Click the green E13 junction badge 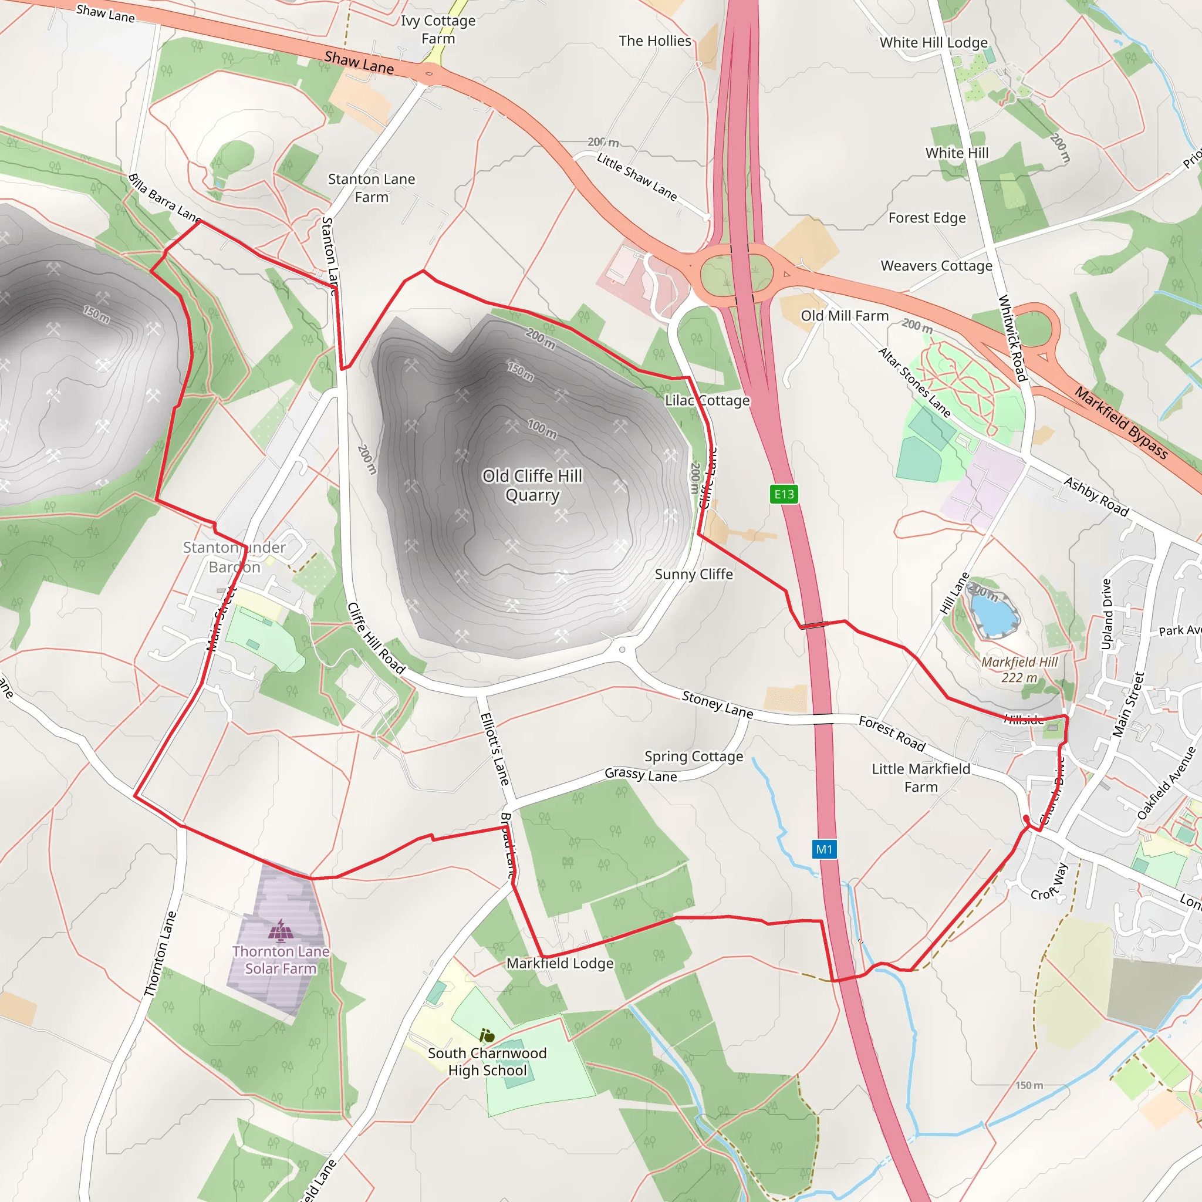(784, 494)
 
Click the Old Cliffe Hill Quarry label (532, 485)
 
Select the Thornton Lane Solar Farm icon (281, 931)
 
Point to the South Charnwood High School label (487, 1061)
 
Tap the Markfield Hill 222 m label (1019, 670)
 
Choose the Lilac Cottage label (707, 401)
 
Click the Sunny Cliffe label (694, 574)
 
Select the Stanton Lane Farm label (372, 188)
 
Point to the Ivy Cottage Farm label (438, 29)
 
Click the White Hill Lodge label (933, 43)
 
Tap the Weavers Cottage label (936, 266)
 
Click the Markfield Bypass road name (1121, 423)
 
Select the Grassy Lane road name (641, 775)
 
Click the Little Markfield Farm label (921, 778)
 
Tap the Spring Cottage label (694, 757)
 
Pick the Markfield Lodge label (560, 963)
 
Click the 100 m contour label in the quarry (542, 428)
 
